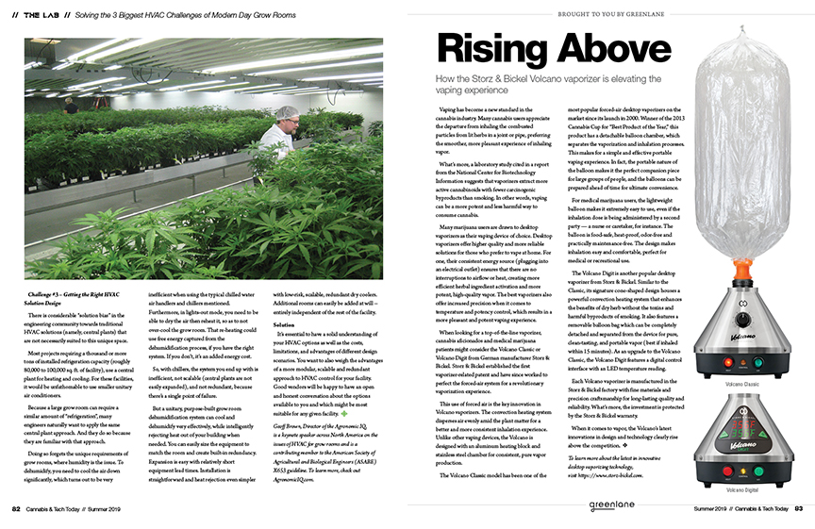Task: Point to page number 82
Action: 17,509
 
